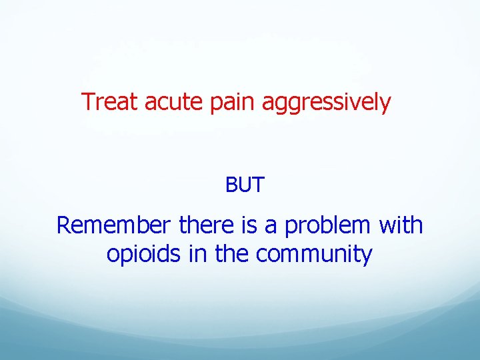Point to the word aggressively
coord(326,103)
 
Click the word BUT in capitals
coord(245,185)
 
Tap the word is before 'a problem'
coord(249,225)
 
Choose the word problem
coord(326,227)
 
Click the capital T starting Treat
coord(87,102)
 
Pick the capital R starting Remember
coord(63,225)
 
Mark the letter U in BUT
coord(245,185)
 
